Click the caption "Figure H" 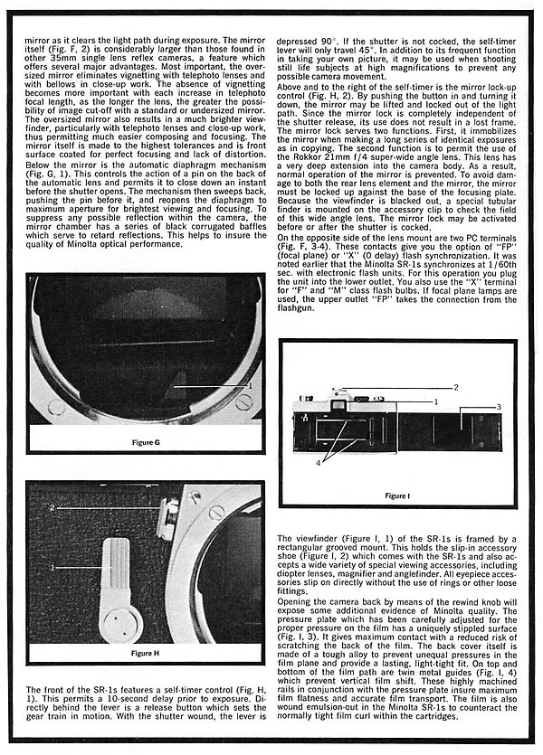(145, 652)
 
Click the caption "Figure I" (396, 496)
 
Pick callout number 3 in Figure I (497, 409)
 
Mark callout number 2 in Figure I (456, 387)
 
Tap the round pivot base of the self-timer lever (113, 625)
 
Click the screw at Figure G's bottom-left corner (56, 407)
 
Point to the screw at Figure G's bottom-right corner (243, 404)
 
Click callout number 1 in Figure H (52, 567)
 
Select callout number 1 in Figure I (435, 401)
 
